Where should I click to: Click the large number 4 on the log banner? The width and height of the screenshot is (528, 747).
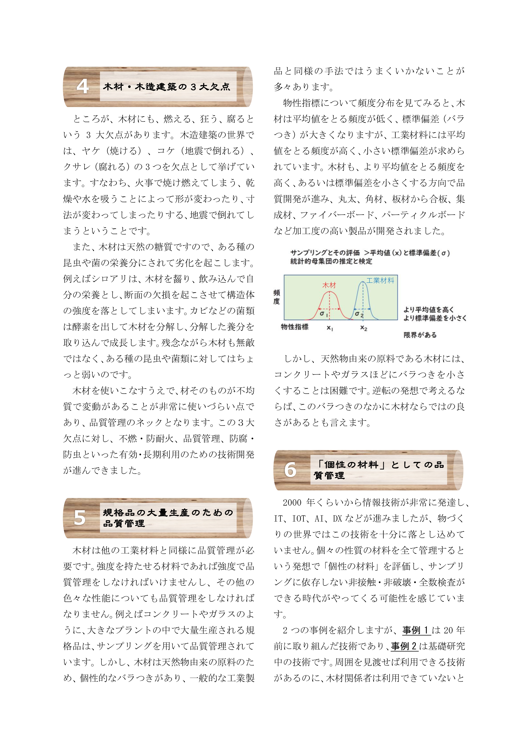tap(83, 87)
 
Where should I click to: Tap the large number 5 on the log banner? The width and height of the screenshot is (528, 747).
tap(80, 518)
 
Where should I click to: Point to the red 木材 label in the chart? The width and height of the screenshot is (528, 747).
tap(329, 285)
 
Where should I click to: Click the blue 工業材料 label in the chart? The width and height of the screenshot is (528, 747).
tap(380, 280)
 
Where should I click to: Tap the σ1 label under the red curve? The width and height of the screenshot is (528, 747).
tap(323, 314)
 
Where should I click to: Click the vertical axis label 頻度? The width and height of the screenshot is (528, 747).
tap(277, 297)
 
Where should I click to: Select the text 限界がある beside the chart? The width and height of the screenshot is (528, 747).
tap(420, 335)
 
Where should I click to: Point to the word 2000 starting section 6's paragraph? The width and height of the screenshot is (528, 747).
tap(292, 503)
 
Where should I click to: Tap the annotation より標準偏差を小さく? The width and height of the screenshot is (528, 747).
tap(435, 318)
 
